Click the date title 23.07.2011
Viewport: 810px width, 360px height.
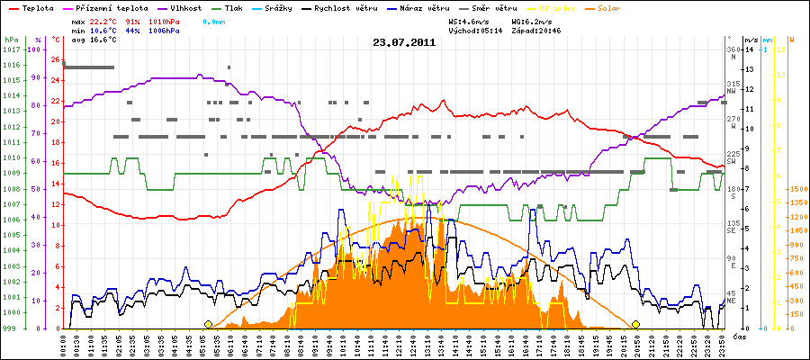coord(404,41)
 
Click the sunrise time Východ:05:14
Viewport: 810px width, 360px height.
coord(462,30)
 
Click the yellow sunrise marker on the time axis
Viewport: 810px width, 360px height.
coord(209,325)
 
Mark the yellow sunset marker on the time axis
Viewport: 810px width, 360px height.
coord(636,325)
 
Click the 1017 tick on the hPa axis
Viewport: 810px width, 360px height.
coord(11,49)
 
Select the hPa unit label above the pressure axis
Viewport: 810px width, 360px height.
coord(11,40)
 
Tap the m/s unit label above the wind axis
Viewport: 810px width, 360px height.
coord(751,40)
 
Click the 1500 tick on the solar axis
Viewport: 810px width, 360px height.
coord(797,190)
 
